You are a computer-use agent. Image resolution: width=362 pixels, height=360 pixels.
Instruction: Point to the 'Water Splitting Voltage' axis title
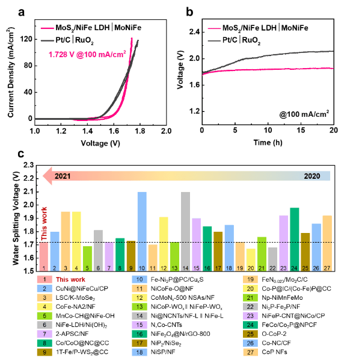point(16,219)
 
